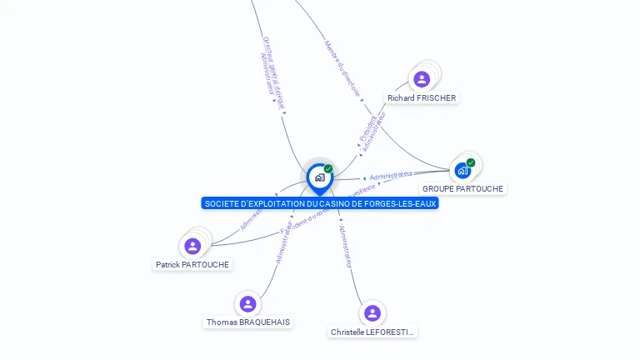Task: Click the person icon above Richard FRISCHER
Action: click(x=422, y=79)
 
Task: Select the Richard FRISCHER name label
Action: click(x=422, y=98)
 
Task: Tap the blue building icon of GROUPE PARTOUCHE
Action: click(x=462, y=171)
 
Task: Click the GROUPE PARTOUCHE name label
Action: click(x=462, y=189)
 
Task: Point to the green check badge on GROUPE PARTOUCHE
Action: click(x=471, y=162)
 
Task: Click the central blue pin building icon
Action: click(x=319, y=177)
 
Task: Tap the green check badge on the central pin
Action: click(x=328, y=168)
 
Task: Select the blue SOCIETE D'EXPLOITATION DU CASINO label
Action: click(x=320, y=203)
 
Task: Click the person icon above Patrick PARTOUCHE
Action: click(x=192, y=246)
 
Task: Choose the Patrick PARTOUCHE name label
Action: click(x=192, y=265)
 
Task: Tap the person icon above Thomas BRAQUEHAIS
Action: click(x=247, y=303)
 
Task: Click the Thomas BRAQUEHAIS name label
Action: click(x=248, y=322)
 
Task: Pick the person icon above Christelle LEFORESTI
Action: click(x=372, y=312)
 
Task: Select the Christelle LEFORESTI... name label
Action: click(x=372, y=332)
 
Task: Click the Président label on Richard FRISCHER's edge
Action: click(x=367, y=128)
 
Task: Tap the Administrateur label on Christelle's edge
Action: click(x=345, y=246)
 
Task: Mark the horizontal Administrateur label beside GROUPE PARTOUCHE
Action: click(x=391, y=175)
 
